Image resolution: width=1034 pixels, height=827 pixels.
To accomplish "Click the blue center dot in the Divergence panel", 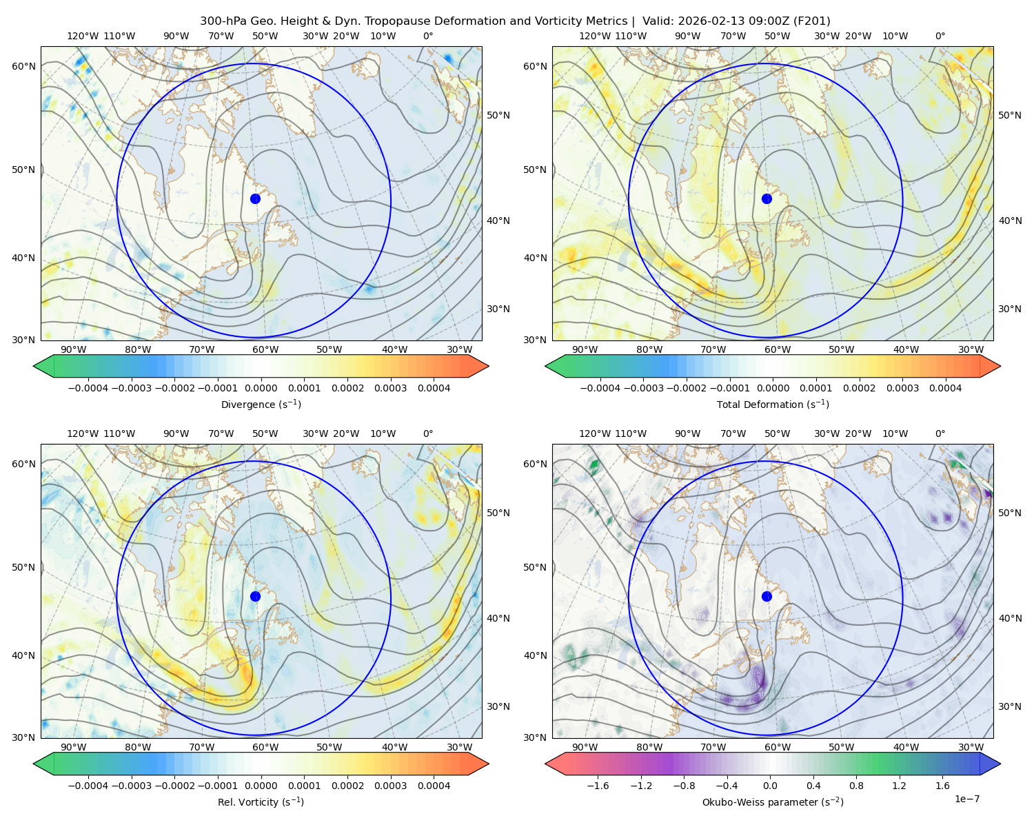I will click(x=255, y=198).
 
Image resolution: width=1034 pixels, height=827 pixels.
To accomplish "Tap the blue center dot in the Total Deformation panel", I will click(x=767, y=198).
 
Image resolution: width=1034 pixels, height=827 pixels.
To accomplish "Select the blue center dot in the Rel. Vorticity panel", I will click(x=255, y=596).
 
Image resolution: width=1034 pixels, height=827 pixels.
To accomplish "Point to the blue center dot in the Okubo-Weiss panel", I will click(x=767, y=596).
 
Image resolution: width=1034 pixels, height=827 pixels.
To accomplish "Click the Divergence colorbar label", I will click(x=261, y=405).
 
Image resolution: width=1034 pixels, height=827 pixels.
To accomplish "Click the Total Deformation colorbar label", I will click(x=773, y=405).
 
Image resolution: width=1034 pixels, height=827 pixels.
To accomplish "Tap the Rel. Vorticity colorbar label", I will click(x=261, y=802).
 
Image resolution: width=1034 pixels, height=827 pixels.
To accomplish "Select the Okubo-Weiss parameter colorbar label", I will click(x=773, y=802).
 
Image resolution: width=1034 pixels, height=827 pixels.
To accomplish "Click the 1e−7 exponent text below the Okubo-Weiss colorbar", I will click(x=967, y=799).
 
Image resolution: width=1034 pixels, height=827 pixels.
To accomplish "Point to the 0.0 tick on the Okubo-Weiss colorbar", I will click(x=770, y=786).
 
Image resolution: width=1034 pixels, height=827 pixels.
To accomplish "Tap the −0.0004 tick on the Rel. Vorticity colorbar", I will click(x=89, y=786).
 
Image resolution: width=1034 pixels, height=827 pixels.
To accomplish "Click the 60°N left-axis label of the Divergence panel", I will click(x=23, y=66).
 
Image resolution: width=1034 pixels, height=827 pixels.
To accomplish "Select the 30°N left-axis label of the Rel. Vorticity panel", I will click(x=23, y=737).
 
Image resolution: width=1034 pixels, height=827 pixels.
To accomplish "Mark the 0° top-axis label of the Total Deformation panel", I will click(x=940, y=37).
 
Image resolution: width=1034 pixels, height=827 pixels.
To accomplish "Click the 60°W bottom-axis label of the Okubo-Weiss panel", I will click(x=777, y=747).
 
